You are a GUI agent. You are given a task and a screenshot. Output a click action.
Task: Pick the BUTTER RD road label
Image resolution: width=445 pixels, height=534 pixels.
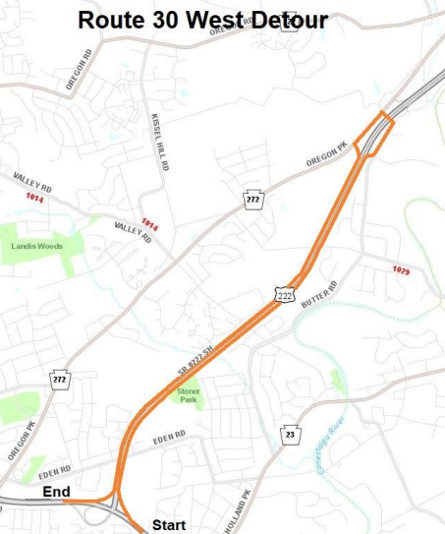[x=320, y=294]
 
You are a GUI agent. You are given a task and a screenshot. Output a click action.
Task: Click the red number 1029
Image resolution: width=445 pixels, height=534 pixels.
[x=400, y=269]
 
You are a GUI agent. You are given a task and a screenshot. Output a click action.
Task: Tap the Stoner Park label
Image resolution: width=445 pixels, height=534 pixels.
[x=189, y=396]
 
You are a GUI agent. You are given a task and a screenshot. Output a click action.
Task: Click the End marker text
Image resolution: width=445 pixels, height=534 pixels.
[x=55, y=491]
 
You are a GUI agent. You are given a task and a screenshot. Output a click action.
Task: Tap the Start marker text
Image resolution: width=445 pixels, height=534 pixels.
[x=168, y=525]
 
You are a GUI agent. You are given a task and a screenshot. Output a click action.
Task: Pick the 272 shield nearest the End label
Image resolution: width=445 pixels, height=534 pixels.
[x=58, y=379]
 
